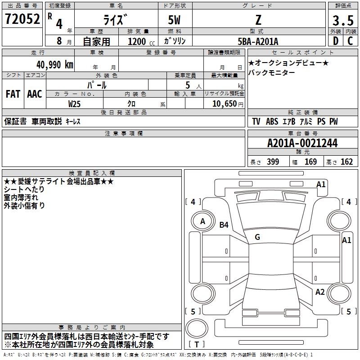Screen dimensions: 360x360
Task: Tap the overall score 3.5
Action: pos(342,20)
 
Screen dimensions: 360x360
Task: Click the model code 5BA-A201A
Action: pos(258,41)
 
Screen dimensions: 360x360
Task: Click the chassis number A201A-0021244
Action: pos(302,144)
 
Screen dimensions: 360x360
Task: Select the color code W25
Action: pos(75,103)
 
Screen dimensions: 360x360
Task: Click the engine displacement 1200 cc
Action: pos(137,41)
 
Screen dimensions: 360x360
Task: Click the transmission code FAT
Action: pos(13,94)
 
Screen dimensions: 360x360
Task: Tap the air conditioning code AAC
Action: pos(35,94)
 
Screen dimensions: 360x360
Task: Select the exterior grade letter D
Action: pos(335,41)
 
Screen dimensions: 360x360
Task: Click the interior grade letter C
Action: pos(350,41)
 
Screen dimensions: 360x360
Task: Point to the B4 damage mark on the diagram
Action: pos(224,225)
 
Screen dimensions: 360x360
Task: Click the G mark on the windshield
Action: pos(257,237)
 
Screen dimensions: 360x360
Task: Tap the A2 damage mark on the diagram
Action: pos(320,292)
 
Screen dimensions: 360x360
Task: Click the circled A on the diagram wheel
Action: pos(202,221)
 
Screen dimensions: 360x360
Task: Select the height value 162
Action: pos(346,162)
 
